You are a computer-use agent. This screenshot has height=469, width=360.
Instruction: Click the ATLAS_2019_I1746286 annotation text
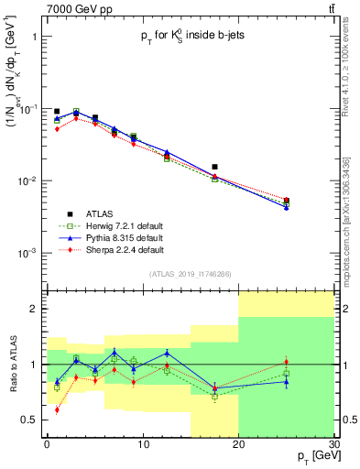point(190,274)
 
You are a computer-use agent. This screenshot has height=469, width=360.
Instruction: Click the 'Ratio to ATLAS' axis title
point(12,364)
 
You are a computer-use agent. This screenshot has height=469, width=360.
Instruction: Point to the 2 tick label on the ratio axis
point(35,309)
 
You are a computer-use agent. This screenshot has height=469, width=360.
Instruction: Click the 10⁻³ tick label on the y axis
point(27,253)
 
